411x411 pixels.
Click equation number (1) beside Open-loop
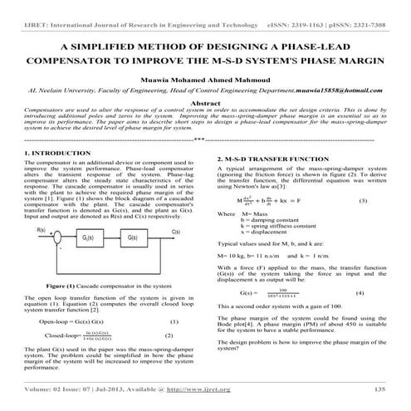click(173, 320)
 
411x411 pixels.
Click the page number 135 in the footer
click(379, 389)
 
